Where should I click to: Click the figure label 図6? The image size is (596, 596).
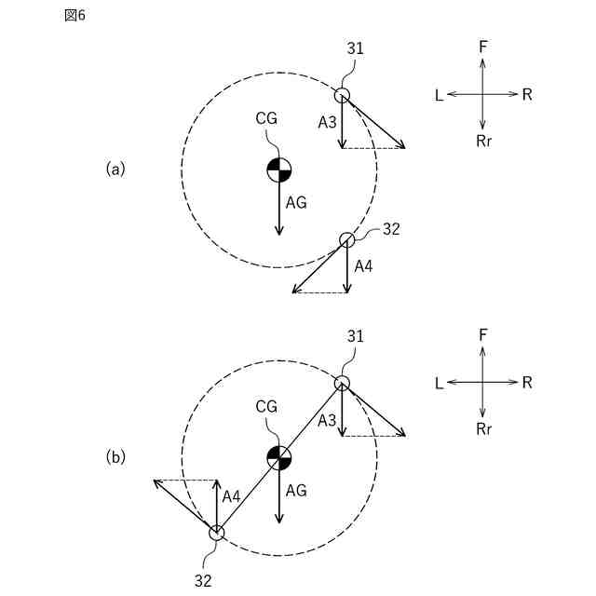pos(74,16)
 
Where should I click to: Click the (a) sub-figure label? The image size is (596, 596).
pos(115,169)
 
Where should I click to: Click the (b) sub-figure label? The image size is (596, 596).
pos(115,457)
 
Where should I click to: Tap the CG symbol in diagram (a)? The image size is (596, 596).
pos(279,169)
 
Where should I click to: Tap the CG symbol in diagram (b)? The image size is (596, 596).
pos(279,457)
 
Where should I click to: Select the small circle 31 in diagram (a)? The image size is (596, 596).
pos(342,94)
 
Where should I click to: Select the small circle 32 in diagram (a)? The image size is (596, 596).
pos(346,239)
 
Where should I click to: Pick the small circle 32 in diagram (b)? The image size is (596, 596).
pos(216,533)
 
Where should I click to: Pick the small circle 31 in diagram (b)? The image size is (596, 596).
pos(342,383)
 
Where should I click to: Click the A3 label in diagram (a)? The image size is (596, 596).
pos(327,122)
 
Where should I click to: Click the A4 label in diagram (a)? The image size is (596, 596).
pos(364,266)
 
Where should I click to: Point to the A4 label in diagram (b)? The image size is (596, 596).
pos(231,497)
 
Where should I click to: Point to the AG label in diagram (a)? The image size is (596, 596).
pos(296,202)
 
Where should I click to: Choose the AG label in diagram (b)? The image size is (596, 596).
pos(296,490)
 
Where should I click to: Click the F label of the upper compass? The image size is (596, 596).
pos(482,45)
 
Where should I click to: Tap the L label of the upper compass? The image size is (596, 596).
pos(439,95)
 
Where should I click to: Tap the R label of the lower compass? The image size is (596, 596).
pos(527,383)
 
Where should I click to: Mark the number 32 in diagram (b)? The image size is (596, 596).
pos(203,580)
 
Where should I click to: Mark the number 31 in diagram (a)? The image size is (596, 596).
pos(356,48)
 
